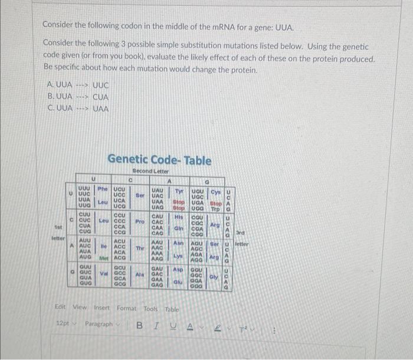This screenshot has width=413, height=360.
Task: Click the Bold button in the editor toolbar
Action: (140, 325)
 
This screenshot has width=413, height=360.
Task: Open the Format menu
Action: (126, 307)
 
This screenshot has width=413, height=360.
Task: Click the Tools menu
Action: (151, 307)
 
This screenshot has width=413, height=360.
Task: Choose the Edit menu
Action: (60, 307)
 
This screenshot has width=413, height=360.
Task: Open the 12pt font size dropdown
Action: (65, 324)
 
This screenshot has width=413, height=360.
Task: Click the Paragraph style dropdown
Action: (101, 324)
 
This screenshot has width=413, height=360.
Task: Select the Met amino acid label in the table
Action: (101, 258)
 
